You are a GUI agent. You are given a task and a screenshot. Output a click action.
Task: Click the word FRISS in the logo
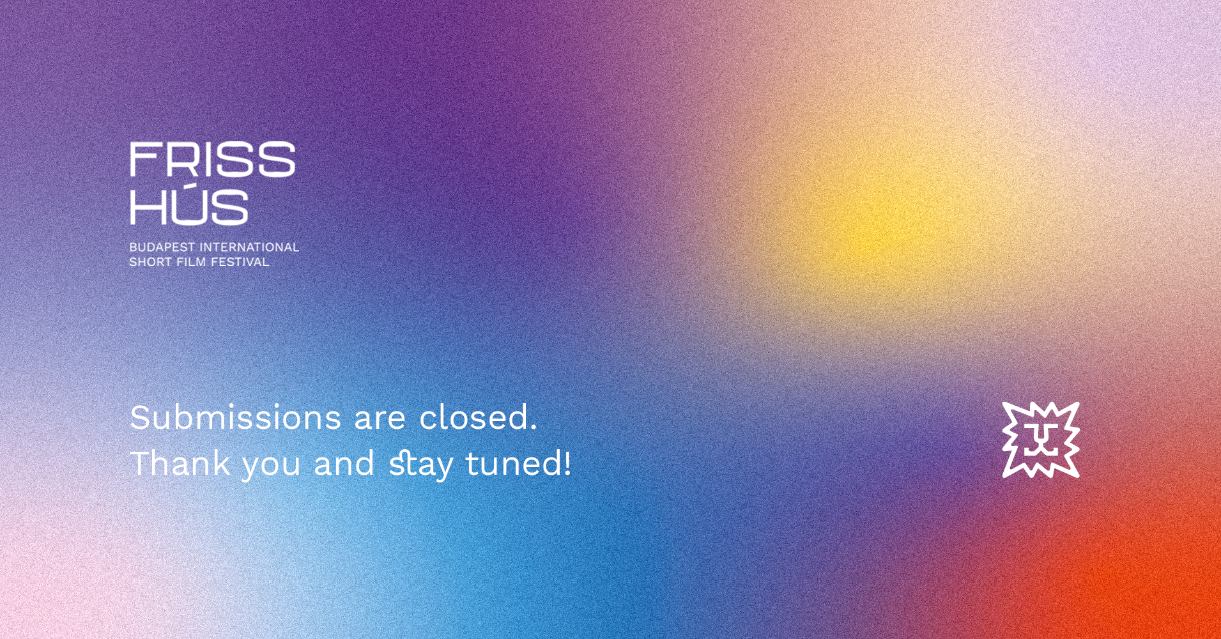(x=213, y=159)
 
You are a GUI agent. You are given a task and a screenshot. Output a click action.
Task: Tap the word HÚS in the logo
(x=189, y=206)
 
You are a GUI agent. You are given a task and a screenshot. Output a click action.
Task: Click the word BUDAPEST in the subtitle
(x=162, y=247)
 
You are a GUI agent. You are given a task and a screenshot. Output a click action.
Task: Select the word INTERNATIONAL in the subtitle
(x=250, y=247)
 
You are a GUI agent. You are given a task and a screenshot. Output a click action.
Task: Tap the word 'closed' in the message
(x=473, y=417)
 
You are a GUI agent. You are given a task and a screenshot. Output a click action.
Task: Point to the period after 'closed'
(x=534, y=429)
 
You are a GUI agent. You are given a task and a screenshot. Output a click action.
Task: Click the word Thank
(x=180, y=463)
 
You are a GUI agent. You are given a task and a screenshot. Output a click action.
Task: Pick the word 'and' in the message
(x=344, y=463)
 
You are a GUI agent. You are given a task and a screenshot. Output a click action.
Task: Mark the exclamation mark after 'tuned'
(x=567, y=463)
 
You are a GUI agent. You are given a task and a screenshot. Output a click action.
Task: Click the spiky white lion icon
(x=1041, y=440)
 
